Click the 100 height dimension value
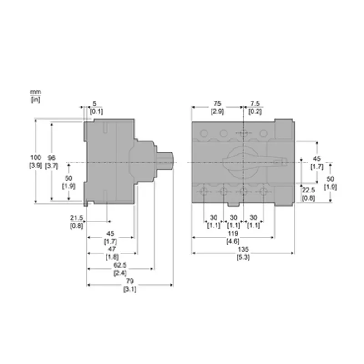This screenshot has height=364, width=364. point(35,157)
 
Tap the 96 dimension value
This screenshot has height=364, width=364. point(51,157)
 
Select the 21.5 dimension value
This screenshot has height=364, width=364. point(76,218)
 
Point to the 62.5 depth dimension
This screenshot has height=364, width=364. point(120,265)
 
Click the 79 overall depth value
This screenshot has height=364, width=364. point(130,281)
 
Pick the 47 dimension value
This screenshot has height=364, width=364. point(112,249)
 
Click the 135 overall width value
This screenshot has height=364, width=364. point(243,249)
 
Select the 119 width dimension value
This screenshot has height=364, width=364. point(233,233)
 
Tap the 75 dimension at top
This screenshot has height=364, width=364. point(217,103)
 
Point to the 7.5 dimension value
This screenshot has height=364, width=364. point(255,103)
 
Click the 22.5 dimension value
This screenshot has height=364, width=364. point(308,190)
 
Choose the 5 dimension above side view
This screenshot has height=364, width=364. point(95,103)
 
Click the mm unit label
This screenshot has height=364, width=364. point(35,92)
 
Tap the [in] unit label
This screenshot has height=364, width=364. point(35,100)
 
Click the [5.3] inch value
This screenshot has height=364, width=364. point(243,257)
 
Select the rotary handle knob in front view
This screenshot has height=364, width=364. point(243,162)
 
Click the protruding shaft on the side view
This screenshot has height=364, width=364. point(165,162)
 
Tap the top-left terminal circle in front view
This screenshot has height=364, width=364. point(204,133)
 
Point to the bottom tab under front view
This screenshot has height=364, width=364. point(233,204)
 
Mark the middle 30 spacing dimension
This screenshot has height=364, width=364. point(233,218)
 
